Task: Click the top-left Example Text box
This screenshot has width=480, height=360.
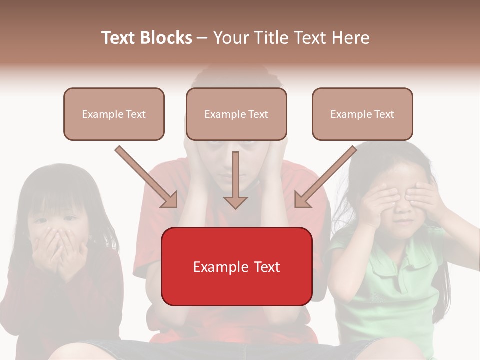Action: click(114, 114)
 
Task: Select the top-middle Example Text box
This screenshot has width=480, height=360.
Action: click(236, 114)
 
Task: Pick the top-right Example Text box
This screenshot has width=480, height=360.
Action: click(362, 114)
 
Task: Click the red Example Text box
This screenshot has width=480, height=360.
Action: click(236, 266)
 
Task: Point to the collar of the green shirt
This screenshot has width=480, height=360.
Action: click(400, 240)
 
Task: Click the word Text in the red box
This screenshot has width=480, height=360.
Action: click(265, 267)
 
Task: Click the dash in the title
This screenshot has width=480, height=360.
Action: click(202, 38)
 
